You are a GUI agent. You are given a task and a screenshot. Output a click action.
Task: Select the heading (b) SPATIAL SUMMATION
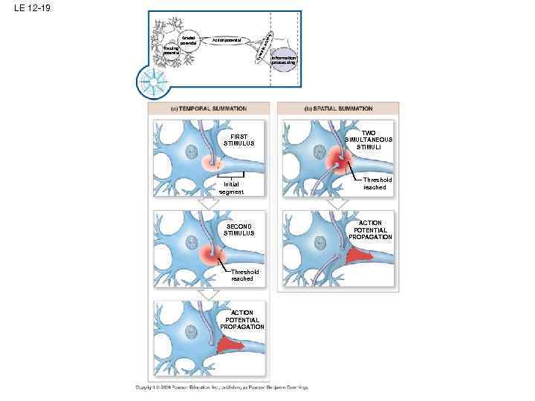(338, 108)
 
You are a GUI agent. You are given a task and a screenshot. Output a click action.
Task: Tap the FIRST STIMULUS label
(239, 140)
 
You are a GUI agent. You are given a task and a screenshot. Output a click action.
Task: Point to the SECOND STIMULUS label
(239, 229)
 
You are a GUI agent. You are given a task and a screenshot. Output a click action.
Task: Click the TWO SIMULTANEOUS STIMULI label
(369, 140)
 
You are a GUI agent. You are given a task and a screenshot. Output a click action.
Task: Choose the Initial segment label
(231, 189)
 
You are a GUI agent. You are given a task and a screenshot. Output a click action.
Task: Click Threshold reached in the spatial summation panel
(374, 183)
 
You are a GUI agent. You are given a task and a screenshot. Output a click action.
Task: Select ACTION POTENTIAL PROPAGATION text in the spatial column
(371, 229)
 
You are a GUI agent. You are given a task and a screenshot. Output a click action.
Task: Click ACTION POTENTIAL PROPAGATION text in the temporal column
(242, 319)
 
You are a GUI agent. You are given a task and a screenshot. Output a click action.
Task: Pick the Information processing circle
(284, 60)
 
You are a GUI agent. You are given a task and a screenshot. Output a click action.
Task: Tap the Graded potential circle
(189, 39)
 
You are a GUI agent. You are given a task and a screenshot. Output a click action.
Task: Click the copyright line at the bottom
(221, 387)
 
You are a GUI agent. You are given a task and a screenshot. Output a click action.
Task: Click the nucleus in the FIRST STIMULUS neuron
(190, 156)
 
